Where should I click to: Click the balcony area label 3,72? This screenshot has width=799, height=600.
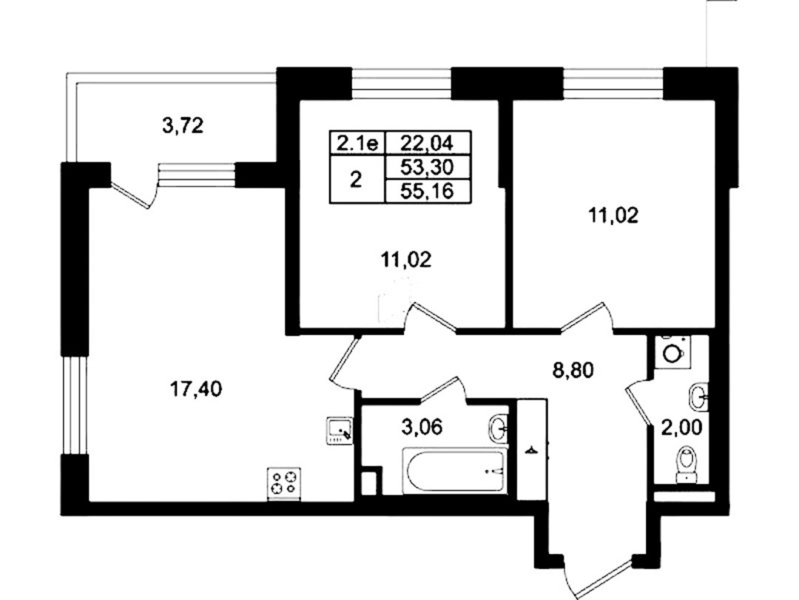point(183,126)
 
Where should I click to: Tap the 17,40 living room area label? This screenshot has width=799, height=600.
point(195,390)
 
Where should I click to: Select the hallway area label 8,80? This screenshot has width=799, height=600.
point(573,370)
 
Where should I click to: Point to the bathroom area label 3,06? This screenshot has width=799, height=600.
point(422,427)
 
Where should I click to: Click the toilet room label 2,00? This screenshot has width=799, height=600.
point(682,427)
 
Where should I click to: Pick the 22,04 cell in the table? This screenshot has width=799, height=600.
point(427,143)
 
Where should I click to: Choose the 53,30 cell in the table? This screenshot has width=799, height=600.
point(427,166)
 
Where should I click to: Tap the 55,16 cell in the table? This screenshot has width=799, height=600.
point(427,191)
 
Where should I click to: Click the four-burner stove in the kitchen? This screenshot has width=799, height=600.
point(284,483)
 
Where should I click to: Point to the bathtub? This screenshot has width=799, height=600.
point(455,471)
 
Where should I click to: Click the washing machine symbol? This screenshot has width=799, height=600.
point(672,351)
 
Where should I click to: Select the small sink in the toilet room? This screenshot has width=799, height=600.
point(698,397)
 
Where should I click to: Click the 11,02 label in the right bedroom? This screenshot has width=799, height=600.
point(613,216)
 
